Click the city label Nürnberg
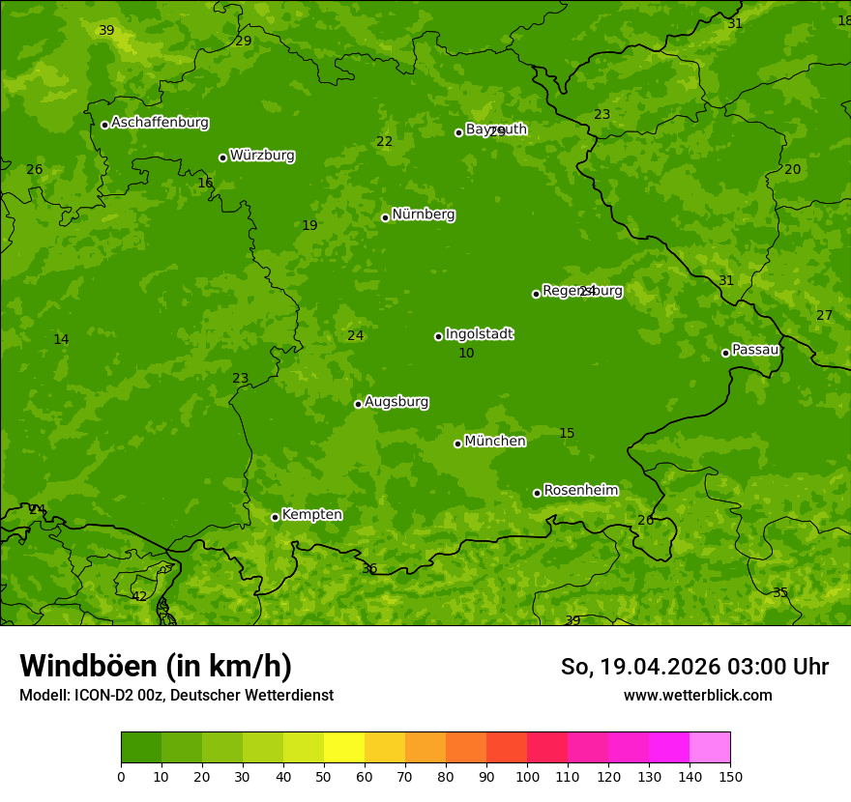(423, 215)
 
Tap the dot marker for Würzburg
(222, 158)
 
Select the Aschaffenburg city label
(160, 123)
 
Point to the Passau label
(755, 350)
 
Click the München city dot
(457, 444)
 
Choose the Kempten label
(311, 515)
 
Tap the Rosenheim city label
(580, 491)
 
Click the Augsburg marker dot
(358, 404)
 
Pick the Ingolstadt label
(479, 334)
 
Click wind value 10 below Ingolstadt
(466, 354)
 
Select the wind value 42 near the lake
(139, 597)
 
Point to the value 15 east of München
(567, 434)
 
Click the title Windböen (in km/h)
(156, 666)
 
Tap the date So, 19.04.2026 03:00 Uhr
(694, 667)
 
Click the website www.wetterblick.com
(697, 695)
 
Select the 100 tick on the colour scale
(527, 776)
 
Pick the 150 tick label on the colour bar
(730, 776)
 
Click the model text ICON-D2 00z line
(176, 695)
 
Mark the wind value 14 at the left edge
(61, 339)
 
